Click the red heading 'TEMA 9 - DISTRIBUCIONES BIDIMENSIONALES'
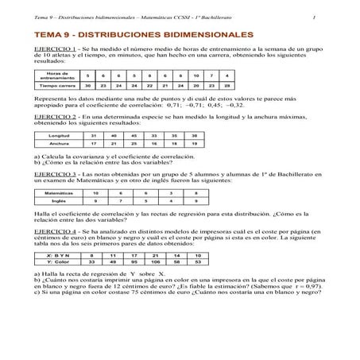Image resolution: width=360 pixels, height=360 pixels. pyautogui.click(x=139, y=37)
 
